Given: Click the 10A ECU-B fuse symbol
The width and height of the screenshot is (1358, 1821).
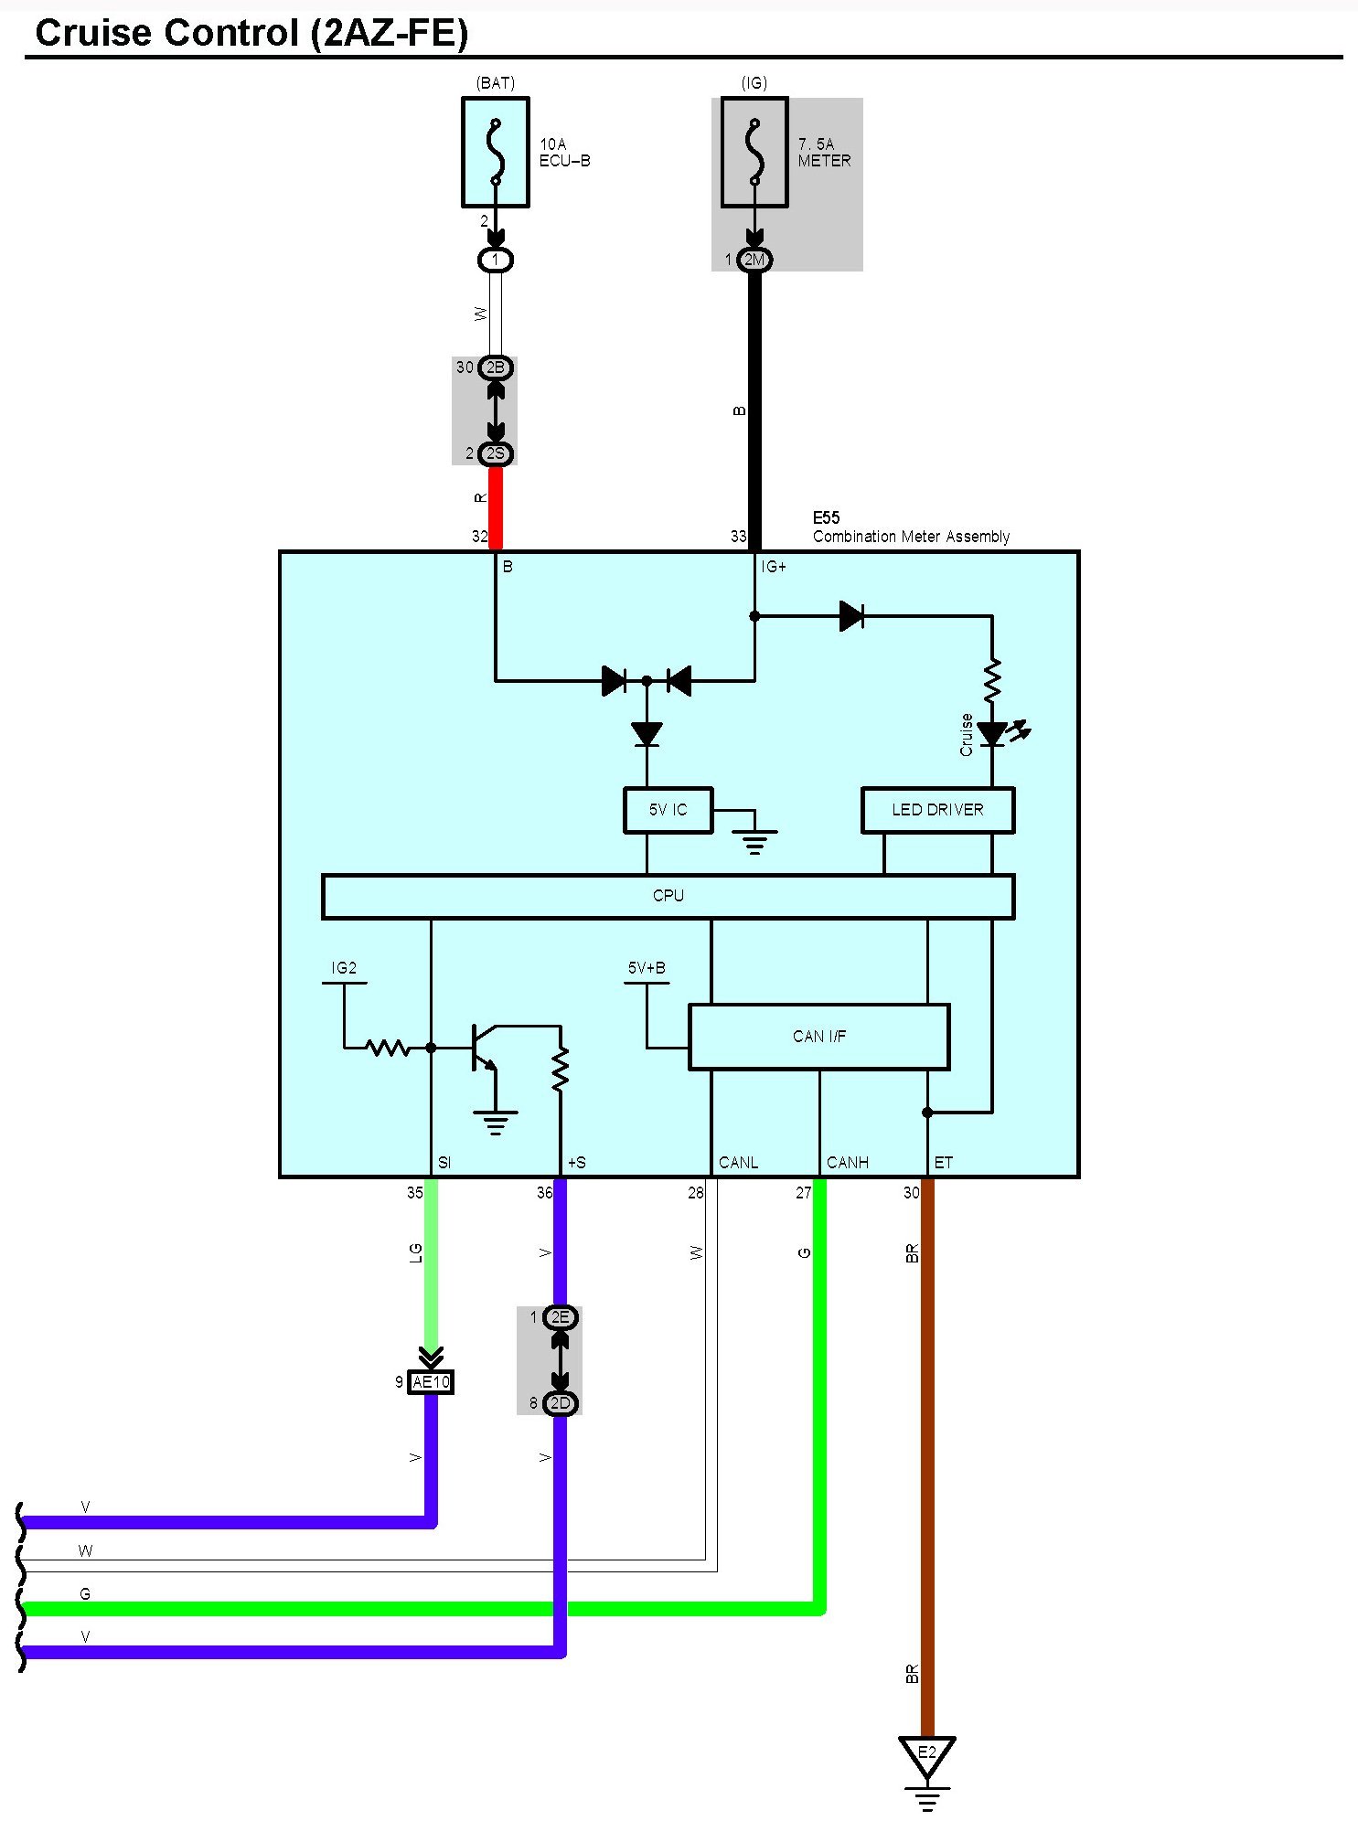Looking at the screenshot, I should click(x=495, y=153).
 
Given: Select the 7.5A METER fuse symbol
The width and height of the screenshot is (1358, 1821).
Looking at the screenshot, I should click(x=754, y=153).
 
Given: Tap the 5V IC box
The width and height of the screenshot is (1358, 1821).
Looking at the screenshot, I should click(x=668, y=810).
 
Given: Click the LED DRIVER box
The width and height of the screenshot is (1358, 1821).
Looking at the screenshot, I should click(x=937, y=810).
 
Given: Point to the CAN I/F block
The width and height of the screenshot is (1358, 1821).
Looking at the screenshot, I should click(x=818, y=1037).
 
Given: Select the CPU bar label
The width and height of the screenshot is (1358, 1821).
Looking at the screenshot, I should click(x=668, y=896).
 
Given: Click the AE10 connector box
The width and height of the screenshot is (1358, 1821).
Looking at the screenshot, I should click(x=431, y=1382).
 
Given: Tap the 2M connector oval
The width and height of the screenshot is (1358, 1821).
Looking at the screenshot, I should click(x=754, y=260).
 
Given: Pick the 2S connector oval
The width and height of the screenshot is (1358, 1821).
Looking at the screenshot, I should click(x=495, y=453).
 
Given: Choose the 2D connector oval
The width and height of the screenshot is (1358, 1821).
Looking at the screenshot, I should click(x=560, y=1403).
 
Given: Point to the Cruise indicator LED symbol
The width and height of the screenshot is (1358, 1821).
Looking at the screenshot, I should click(x=993, y=733).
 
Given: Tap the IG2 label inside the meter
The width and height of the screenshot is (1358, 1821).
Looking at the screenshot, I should click(x=344, y=968).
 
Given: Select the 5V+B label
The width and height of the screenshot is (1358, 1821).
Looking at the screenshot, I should click(x=647, y=968).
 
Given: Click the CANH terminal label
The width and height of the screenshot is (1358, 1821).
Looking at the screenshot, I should click(x=847, y=1163).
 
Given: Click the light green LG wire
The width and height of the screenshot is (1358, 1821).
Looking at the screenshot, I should click(x=431, y=1262).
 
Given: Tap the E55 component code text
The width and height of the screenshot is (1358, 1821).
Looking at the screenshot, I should click(x=826, y=517).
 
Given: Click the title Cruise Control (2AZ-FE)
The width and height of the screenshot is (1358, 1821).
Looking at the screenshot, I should click(x=251, y=33).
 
